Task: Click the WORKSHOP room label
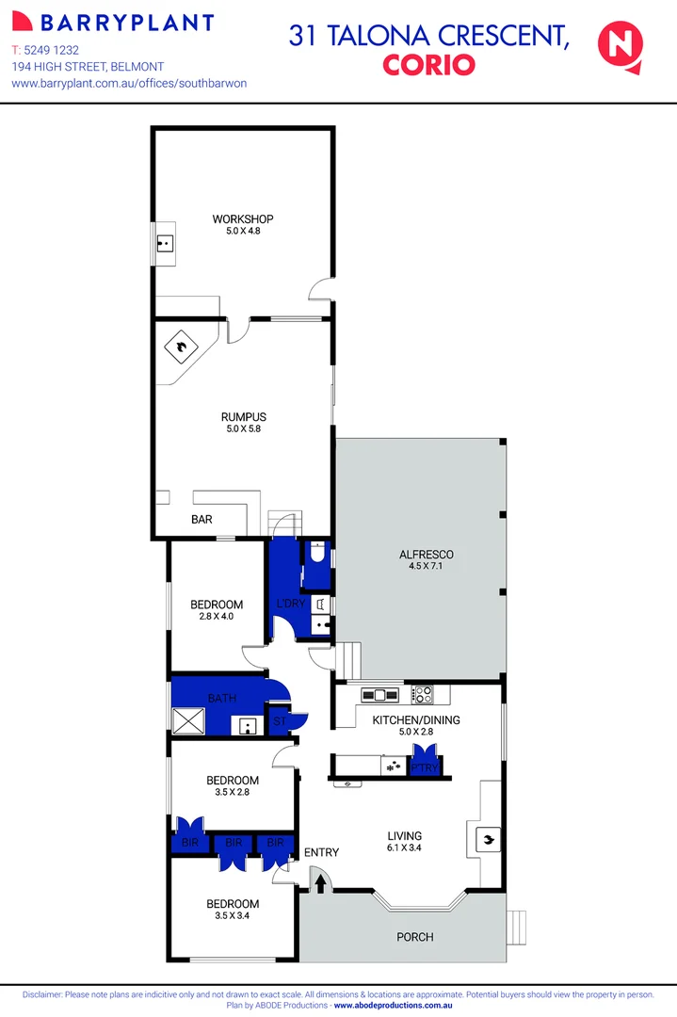coord(242,219)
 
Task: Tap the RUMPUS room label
coord(244,417)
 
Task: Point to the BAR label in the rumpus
coord(201,520)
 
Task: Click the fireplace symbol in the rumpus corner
coord(178,349)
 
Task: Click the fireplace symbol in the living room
coord(487,838)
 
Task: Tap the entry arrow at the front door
coord(320,883)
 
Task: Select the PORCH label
coord(414,937)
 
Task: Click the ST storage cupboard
coord(280,721)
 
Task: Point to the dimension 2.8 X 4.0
coord(216,617)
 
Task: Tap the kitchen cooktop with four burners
coord(424,696)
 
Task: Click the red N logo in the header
coord(621,45)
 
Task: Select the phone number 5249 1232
coord(57,49)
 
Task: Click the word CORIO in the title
coord(428,65)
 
